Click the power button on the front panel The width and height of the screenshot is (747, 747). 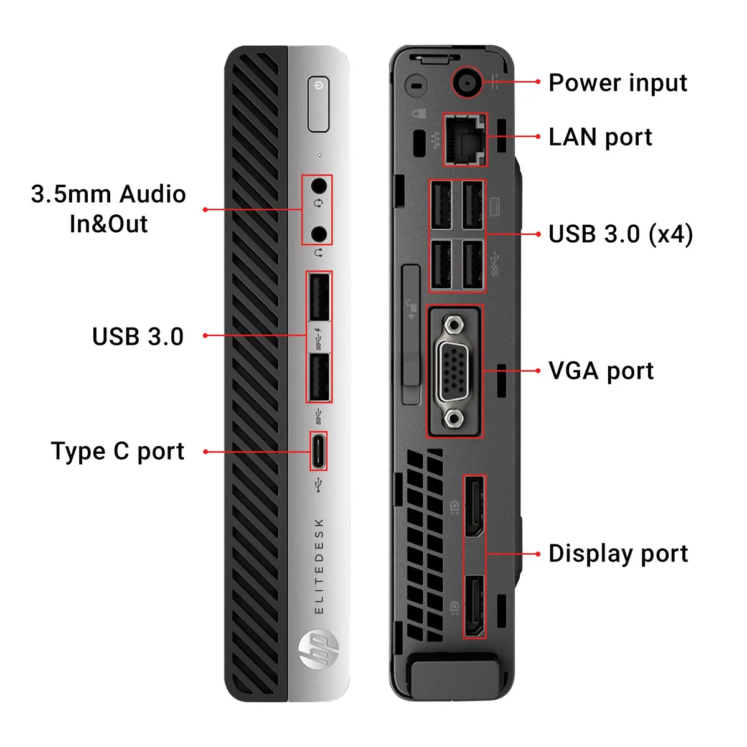click(x=318, y=104)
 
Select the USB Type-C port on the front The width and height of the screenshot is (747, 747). click(x=318, y=451)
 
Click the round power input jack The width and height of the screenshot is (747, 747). click(x=467, y=83)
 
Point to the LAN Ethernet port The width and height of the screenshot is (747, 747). click(x=465, y=140)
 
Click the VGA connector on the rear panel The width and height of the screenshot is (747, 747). click(x=454, y=372)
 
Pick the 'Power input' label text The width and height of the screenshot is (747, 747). click(x=618, y=83)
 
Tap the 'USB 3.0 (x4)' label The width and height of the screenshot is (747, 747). click(x=621, y=234)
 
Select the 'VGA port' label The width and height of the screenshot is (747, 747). click(x=601, y=371)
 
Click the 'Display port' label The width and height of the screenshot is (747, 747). click(x=618, y=553)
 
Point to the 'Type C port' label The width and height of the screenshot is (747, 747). click(x=118, y=451)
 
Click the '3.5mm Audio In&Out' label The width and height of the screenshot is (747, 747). click(x=108, y=209)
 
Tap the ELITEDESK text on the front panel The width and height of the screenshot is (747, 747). click(x=319, y=566)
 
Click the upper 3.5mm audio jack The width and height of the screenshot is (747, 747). click(x=319, y=186)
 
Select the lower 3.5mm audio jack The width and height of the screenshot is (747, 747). click(x=319, y=234)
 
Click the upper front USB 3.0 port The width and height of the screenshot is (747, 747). click(x=319, y=297)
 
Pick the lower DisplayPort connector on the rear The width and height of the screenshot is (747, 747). click(x=474, y=605)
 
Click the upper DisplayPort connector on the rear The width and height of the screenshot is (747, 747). click(x=474, y=507)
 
